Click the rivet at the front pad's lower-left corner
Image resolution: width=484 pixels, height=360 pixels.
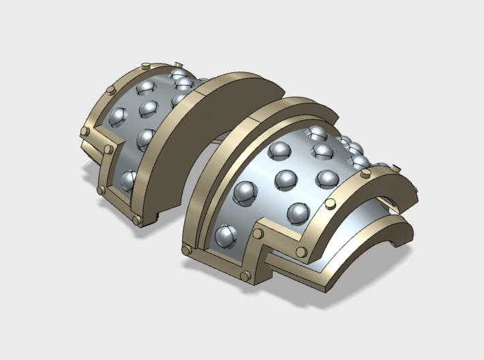tap(185, 252)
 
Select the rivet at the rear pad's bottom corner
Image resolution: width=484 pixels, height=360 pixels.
tap(136, 220)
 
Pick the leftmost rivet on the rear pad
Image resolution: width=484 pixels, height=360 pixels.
tap(85, 130)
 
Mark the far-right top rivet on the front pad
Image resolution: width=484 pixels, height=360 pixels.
tap(393, 164)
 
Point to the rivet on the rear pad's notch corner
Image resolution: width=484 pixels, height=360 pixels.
tap(107, 149)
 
